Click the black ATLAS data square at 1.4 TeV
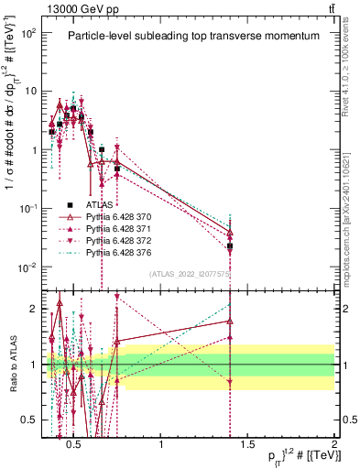tap(230, 246)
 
